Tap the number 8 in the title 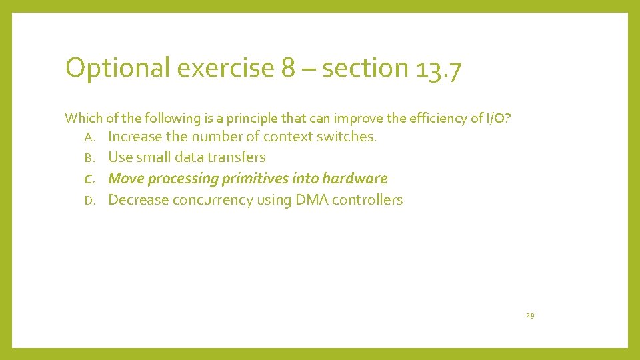coord(288,69)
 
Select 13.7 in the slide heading coord(437,69)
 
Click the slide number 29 coord(530,315)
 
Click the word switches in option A coord(351,137)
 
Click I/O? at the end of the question coord(499,118)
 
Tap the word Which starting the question coord(79,118)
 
